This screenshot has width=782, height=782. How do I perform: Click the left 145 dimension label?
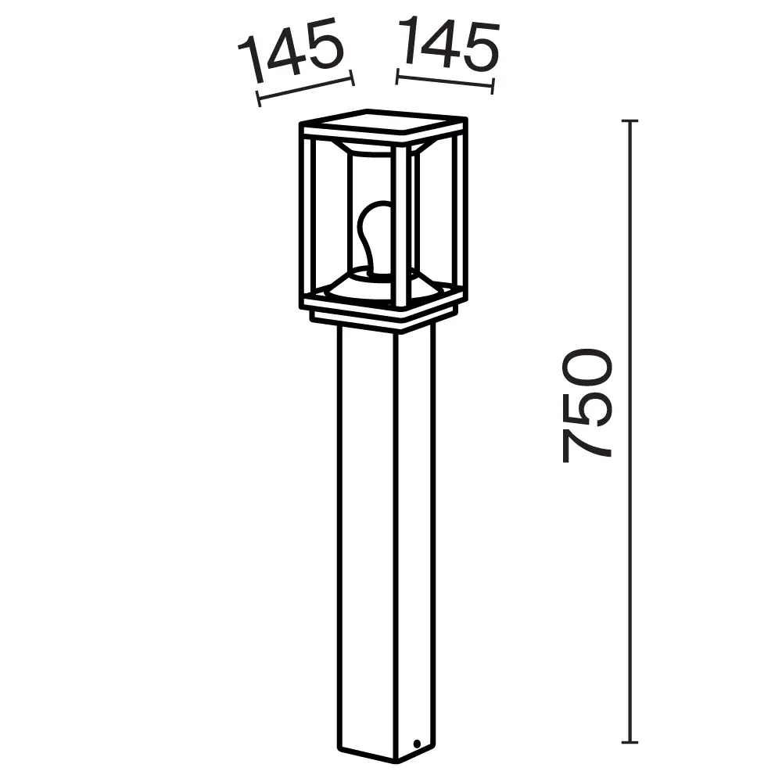(x=291, y=51)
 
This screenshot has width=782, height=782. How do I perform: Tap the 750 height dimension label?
(x=586, y=405)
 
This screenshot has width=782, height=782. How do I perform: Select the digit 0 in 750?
(x=586, y=368)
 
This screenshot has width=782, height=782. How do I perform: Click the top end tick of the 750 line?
(x=630, y=121)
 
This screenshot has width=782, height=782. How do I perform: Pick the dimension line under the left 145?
(x=306, y=88)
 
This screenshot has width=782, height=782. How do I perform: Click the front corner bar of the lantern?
(x=400, y=227)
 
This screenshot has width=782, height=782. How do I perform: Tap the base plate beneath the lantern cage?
(x=383, y=320)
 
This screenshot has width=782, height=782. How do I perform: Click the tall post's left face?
(x=366, y=540)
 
